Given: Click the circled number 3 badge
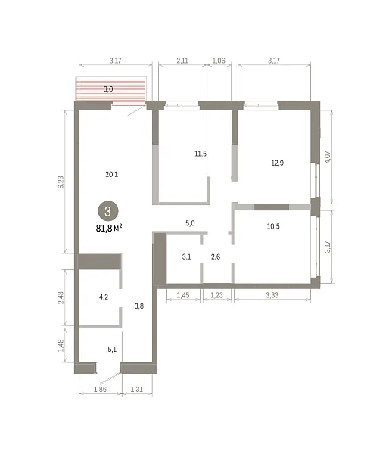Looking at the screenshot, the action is tap(108, 211).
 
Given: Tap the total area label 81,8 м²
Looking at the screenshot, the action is tap(109, 229).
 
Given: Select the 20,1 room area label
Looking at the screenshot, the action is tap(112, 174).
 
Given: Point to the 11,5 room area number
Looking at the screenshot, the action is tap(201, 154).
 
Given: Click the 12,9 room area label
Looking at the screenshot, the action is tap(278, 163).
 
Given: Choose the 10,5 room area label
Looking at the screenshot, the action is tap(273, 226).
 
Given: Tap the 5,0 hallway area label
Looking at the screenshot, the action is tap(190, 223).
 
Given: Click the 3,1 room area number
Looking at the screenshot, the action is tap(186, 257).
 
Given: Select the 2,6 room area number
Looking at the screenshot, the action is tap(216, 257).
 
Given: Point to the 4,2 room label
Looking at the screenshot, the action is tap(104, 297).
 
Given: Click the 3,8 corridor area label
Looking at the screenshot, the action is tap(139, 306).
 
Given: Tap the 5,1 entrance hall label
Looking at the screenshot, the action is tap(112, 350).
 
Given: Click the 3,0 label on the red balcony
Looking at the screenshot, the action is tap(108, 89).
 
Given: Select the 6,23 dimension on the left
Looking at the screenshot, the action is tap(61, 182).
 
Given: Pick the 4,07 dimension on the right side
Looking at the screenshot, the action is tap(328, 157).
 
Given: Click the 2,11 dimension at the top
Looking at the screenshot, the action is tap(182, 61).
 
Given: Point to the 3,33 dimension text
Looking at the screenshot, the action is tap(272, 295).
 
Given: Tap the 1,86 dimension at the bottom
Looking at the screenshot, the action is tap(100, 390).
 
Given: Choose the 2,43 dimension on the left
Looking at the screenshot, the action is tap(61, 298).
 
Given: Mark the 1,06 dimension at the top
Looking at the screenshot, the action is tap(219, 61).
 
